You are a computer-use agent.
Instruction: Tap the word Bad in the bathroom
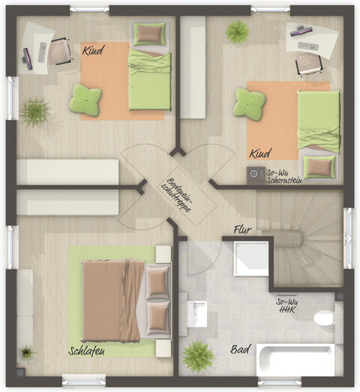(x=240, y=349)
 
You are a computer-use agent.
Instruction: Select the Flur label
(x=241, y=229)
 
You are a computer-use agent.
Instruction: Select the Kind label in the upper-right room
(x=259, y=152)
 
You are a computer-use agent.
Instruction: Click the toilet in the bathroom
(x=325, y=318)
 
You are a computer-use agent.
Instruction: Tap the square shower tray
(x=250, y=258)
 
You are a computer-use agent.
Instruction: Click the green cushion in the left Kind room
(x=85, y=100)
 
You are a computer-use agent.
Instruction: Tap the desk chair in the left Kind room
(x=60, y=51)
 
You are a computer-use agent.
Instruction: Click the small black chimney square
(x=254, y=174)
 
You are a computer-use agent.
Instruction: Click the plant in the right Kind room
(x=237, y=31)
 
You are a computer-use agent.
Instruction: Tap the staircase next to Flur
(x=307, y=240)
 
